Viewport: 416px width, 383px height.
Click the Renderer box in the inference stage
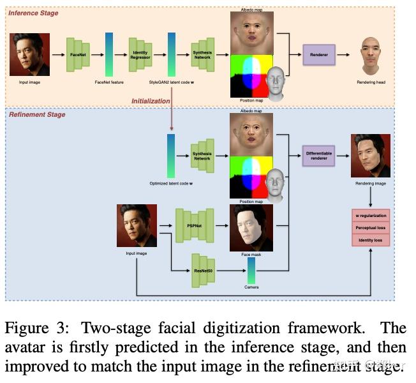point(319,55)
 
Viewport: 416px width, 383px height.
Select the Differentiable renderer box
point(319,155)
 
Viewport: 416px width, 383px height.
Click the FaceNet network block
point(78,55)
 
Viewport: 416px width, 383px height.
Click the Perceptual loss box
point(371,227)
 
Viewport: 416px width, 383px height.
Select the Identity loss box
point(371,239)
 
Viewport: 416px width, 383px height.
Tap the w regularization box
point(371,215)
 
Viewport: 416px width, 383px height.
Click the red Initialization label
point(151,101)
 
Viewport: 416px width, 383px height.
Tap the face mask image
point(251,227)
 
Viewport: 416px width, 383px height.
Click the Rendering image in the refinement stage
point(370,156)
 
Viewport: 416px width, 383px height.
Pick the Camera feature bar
point(251,271)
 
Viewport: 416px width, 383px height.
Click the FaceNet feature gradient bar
point(109,55)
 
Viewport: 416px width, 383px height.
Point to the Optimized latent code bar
point(170,155)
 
